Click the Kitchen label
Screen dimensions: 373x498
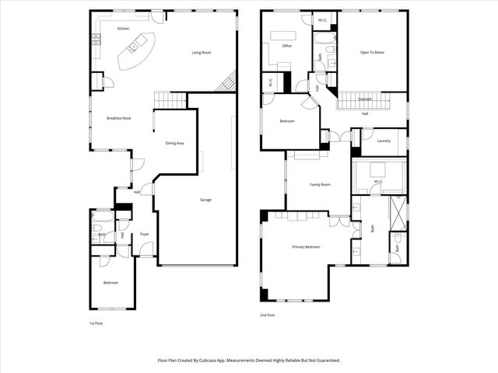coord(123,29)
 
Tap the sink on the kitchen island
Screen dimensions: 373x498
coord(132,48)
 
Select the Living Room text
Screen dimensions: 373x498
coord(202,53)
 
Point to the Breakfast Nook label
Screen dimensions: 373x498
coord(118,118)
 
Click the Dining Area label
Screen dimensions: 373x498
coord(174,143)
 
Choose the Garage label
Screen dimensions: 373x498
coord(205,200)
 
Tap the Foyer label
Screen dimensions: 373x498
coord(145,234)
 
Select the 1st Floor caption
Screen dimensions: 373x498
coord(96,322)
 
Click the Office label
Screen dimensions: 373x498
coord(286,46)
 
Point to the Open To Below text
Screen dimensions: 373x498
coord(372,53)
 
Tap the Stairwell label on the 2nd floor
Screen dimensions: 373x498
coord(364,99)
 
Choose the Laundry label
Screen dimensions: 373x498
coord(384,141)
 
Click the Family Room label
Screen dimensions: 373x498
coord(320,185)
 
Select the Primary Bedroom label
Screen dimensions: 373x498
coord(306,247)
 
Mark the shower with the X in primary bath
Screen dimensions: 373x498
coord(398,210)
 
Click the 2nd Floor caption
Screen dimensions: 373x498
coord(268,315)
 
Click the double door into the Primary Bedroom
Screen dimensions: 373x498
coord(338,221)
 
